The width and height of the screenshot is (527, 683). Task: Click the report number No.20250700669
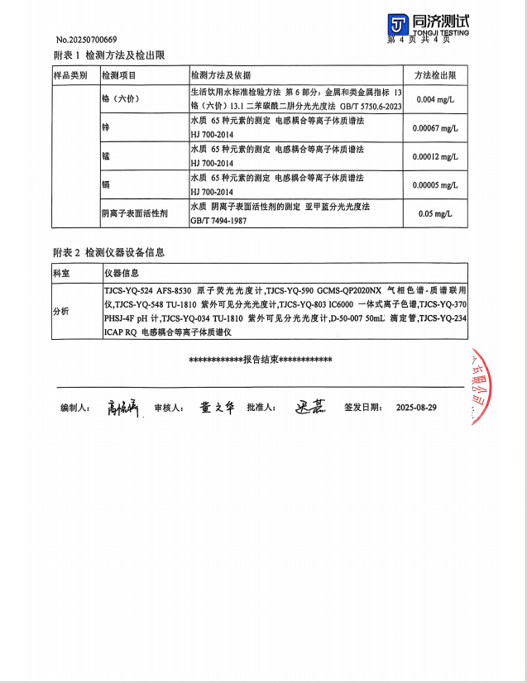tap(87, 40)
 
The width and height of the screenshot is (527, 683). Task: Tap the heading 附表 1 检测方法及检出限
tap(108, 55)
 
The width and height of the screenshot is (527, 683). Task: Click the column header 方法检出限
tap(435, 75)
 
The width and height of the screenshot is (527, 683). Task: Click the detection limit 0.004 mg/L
tap(435, 100)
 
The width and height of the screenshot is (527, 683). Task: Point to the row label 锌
tap(105, 128)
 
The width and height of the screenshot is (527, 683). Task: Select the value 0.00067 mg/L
tap(435, 128)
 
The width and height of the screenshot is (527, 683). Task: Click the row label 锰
tap(105, 156)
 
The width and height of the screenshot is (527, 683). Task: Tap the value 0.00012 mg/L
tap(435, 156)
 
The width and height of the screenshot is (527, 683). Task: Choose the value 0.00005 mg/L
tap(435, 185)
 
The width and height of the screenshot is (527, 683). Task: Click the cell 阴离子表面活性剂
tap(135, 213)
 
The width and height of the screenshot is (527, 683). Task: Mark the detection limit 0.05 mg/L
tap(435, 213)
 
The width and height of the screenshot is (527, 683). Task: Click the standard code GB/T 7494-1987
tap(219, 221)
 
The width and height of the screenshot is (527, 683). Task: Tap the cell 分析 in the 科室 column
tap(61, 311)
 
